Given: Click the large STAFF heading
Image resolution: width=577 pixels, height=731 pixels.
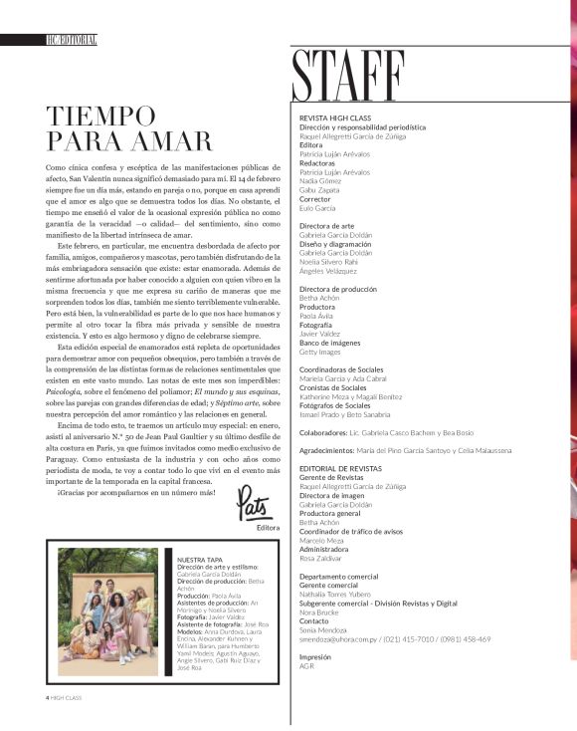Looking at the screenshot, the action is point(348,73).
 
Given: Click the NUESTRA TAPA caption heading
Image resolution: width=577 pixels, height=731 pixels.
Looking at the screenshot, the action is point(198,561).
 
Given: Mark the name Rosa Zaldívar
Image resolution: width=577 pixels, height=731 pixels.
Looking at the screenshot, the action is point(323,558).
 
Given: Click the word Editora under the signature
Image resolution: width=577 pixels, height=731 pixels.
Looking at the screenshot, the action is point(268,528).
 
